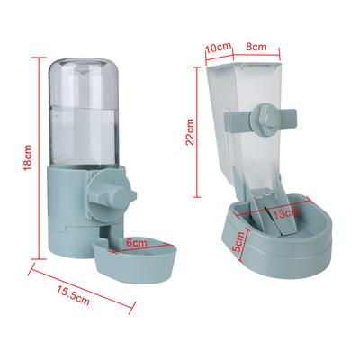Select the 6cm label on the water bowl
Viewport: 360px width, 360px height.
[136, 242]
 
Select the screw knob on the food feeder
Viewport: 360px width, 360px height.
[266, 120]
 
